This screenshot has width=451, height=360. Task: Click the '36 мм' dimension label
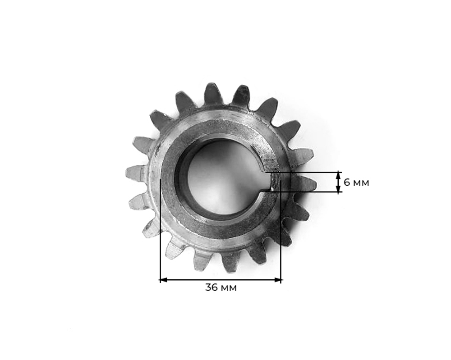[x=221, y=287]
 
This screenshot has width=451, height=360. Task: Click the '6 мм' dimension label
[x=356, y=182]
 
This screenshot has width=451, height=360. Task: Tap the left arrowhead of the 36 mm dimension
[x=163, y=280]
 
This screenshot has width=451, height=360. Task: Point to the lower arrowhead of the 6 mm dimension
[x=338, y=190]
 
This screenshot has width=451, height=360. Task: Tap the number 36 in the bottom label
[x=212, y=287]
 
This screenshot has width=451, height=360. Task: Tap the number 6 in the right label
[x=346, y=182]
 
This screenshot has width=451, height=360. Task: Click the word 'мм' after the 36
[x=229, y=287]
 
